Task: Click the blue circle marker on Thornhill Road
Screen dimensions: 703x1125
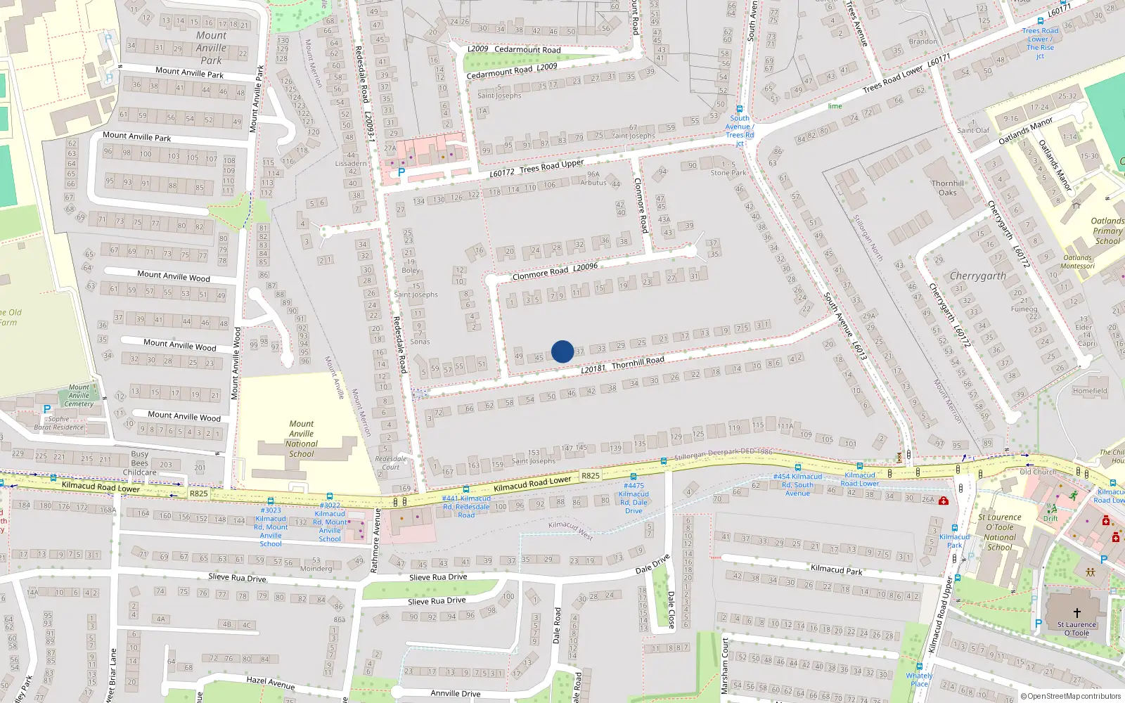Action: tap(562, 351)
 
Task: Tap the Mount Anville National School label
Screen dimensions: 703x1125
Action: tap(302, 439)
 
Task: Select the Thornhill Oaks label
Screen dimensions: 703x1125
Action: tap(948, 188)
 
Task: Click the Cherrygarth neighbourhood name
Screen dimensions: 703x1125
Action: tap(977, 276)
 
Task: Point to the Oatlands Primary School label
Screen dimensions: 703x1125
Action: tap(1107, 231)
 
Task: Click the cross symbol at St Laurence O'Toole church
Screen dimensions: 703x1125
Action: tap(1076, 613)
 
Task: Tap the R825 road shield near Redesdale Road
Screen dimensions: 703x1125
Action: tap(591, 476)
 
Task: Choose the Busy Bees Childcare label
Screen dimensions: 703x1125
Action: tap(140, 463)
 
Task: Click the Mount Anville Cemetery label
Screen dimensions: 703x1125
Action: tap(79, 396)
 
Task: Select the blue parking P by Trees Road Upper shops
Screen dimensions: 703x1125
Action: tap(401, 172)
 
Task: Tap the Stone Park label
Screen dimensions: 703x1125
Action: tap(728, 172)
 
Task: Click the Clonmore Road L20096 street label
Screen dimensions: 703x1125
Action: tap(555, 271)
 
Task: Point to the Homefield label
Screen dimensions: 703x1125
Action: tap(1090, 391)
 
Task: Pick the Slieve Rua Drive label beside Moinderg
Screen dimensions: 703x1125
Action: tap(238, 578)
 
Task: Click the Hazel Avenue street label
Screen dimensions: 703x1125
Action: tap(270, 683)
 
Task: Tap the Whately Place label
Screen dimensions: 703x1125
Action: tap(919, 679)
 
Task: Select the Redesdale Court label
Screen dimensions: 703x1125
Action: tap(390, 463)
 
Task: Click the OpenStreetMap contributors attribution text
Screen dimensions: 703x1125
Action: tap(1071, 697)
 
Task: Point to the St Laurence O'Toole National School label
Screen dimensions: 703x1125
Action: tap(1000, 532)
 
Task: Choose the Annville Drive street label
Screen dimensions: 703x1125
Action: tap(456, 693)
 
